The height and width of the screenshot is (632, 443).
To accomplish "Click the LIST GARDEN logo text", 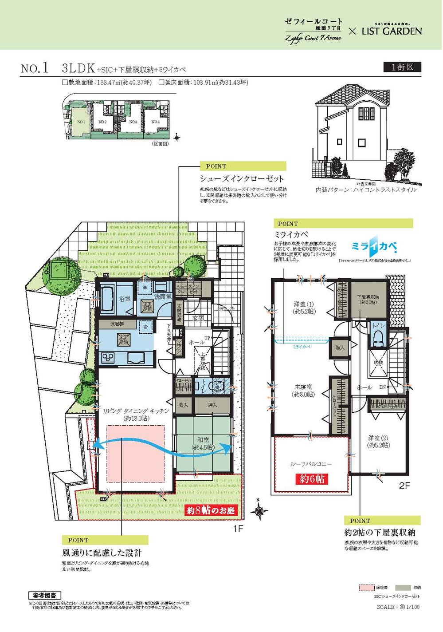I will tap(391, 31).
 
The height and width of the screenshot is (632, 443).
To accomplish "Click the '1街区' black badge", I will tap(402, 67).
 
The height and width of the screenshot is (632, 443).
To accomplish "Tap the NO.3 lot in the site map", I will tap(133, 122).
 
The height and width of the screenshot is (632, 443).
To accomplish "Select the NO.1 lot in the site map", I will tap(81, 122).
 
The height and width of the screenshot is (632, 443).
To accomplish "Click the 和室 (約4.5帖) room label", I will tap(203, 443).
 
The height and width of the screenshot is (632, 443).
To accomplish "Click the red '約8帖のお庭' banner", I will tap(211, 511).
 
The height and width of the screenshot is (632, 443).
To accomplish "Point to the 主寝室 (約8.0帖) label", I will tap(303, 391).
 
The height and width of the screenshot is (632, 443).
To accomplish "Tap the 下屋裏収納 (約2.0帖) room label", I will tap(368, 299).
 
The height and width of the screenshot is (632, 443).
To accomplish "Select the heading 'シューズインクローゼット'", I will tap(242, 178).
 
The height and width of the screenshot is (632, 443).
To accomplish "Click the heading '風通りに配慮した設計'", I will tap(102, 553).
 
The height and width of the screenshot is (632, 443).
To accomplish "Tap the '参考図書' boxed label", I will tap(44, 595).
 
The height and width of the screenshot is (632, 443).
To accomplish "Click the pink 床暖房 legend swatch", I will tap(367, 588).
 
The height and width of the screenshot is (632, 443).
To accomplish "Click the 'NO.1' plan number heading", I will tap(34, 68).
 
